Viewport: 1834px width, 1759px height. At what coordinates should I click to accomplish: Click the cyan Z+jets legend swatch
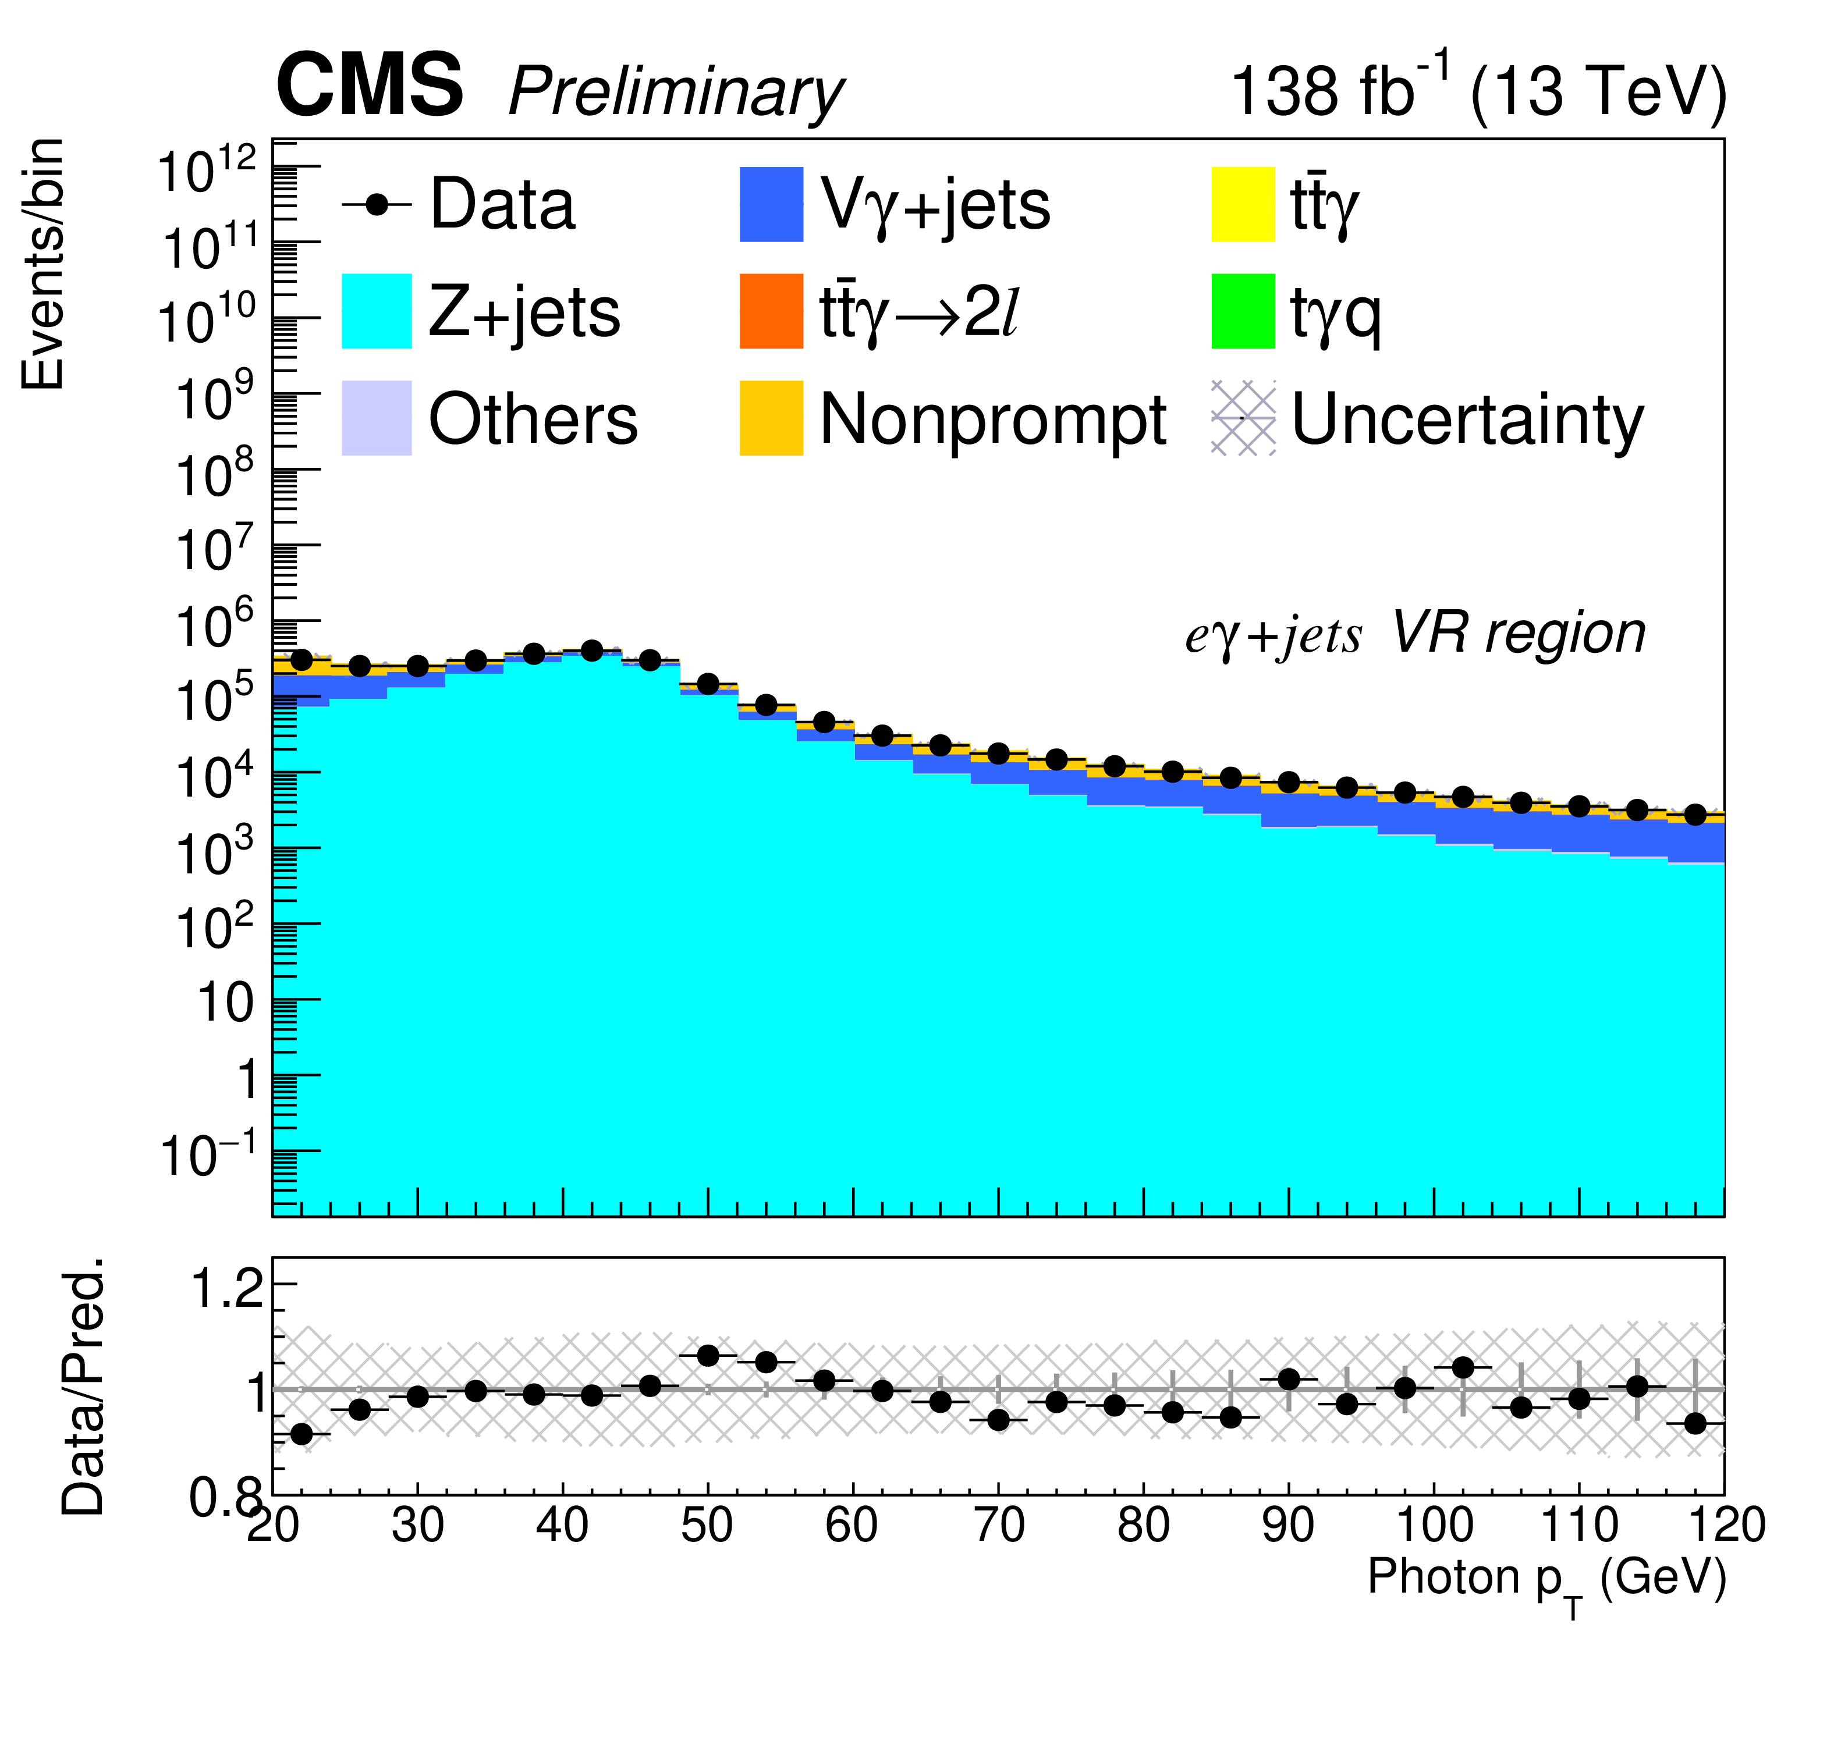coord(376,311)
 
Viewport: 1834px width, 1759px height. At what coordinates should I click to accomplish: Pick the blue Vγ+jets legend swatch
coord(771,204)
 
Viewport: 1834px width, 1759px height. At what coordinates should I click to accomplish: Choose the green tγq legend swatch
coord(1243,311)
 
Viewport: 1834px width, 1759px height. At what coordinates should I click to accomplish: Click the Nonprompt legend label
coord(992,418)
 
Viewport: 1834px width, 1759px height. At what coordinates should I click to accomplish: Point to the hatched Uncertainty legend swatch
coord(1243,418)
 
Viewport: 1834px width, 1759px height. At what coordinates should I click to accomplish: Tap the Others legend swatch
coord(376,418)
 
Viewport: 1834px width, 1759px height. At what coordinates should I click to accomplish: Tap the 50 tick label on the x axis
coord(707,1526)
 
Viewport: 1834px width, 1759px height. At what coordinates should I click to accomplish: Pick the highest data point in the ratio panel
coord(708,1356)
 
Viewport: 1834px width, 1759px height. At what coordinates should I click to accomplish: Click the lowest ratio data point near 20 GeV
coord(301,1434)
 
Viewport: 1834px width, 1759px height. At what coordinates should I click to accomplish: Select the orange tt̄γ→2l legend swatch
coord(771,311)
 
